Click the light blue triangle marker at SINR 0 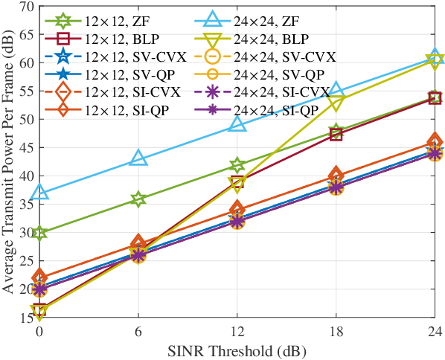click(x=39, y=193)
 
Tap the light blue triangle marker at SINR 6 click(x=138, y=158)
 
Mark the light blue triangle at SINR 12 click(x=237, y=124)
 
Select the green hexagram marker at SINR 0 click(x=39, y=233)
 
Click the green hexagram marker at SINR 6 click(x=138, y=199)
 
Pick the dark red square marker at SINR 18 click(x=336, y=135)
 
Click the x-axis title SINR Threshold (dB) click(x=237, y=350)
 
